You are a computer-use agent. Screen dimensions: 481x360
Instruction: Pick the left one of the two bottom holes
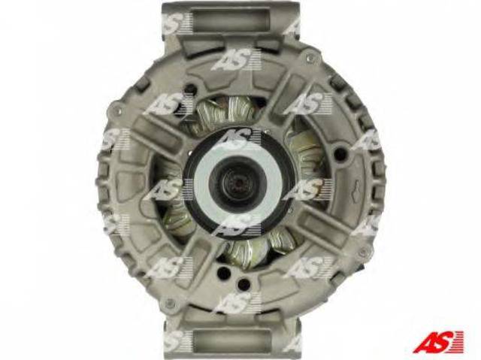(x=225, y=271)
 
